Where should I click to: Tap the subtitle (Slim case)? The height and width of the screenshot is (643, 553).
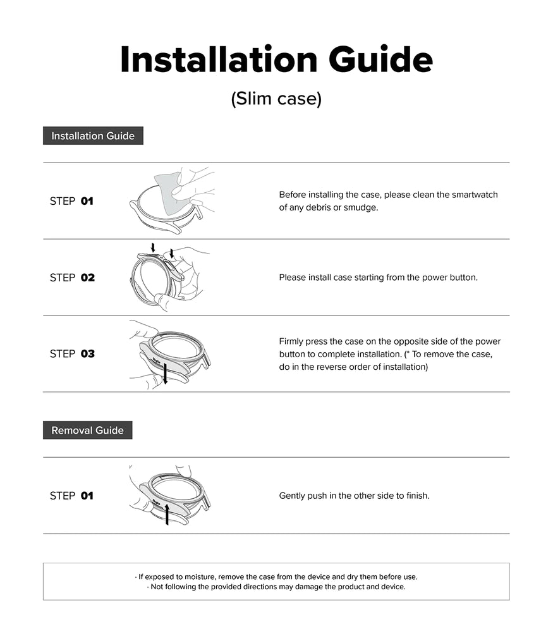(x=276, y=99)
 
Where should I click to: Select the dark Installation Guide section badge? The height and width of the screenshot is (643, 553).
(x=93, y=136)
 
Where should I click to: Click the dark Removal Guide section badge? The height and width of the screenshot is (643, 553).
(x=87, y=431)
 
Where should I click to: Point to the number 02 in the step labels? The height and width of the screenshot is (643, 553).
(x=88, y=278)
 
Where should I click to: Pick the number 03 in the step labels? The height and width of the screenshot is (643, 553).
(x=88, y=354)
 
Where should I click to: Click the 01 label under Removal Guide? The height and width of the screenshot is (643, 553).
(x=87, y=496)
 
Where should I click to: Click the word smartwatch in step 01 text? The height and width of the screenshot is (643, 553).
(x=475, y=195)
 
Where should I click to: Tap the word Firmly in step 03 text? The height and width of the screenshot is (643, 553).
(x=293, y=341)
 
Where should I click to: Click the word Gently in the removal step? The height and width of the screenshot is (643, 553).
(x=293, y=496)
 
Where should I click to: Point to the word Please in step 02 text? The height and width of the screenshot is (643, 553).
(x=293, y=278)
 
